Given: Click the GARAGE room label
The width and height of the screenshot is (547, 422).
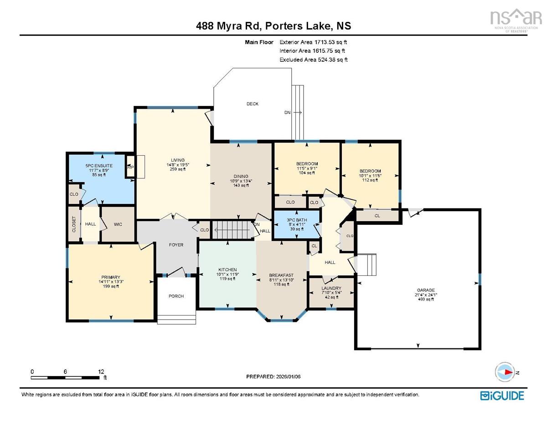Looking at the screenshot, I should [425, 290].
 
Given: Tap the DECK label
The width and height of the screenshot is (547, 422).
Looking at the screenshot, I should [253, 104].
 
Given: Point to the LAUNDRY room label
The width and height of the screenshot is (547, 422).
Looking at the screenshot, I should [331, 288].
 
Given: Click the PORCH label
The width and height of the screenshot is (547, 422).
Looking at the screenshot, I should [176, 296].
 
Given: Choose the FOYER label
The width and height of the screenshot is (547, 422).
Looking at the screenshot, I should [176, 245].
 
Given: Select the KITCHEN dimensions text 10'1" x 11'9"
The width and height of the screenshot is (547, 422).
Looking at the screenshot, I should [227, 275].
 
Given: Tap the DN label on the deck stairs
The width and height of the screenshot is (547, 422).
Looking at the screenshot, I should [287, 112].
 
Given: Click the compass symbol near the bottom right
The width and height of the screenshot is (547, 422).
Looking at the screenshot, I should [506, 372].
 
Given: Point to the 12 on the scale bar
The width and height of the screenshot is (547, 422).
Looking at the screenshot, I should [101, 371].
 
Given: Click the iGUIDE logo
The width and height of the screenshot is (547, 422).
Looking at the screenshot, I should [502, 395].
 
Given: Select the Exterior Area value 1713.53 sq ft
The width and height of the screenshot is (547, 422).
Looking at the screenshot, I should [316, 42].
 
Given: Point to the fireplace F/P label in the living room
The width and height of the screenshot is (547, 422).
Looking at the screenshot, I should [130, 167].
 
